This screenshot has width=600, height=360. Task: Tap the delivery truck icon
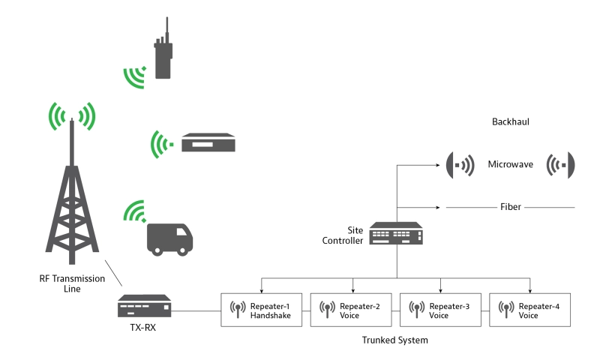[x=168, y=238]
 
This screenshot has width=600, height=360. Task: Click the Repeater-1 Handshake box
[x=264, y=310]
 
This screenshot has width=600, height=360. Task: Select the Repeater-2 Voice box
[x=353, y=310]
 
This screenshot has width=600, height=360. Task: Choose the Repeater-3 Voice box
[x=442, y=310]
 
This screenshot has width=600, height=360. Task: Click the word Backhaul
[x=511, y=121]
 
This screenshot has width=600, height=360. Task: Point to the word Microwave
[x=510, y=164]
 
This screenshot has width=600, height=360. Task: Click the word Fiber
[x=511, y=206]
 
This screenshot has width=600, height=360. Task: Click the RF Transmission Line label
[x=72, y=283]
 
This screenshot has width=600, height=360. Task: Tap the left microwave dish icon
[x=459, y=165]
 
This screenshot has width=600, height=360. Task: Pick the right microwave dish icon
[x=562, y=165]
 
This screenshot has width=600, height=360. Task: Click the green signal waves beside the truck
[x=136, y=211]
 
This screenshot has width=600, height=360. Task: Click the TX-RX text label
[x=141, y=328]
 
